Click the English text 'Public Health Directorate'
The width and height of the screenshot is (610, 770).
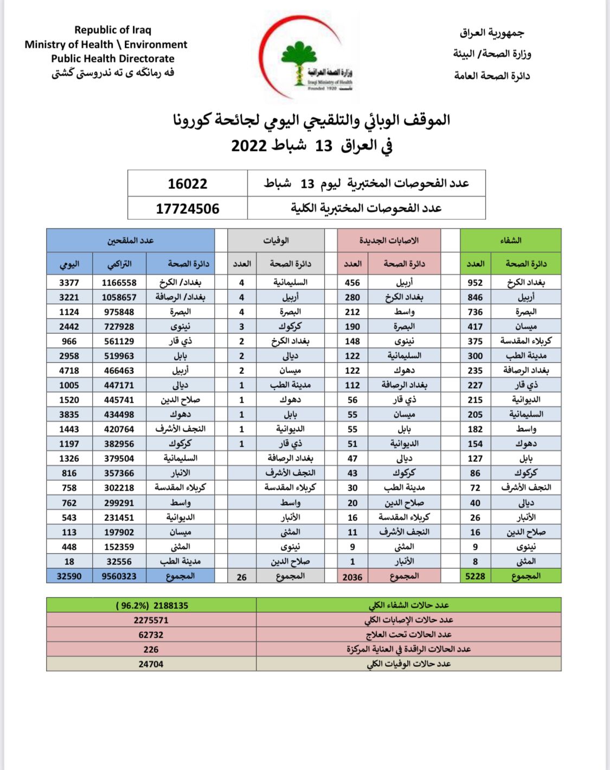pos(113,59)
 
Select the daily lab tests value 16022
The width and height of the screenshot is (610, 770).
pos(188,183)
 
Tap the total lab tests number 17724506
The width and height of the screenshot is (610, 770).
pos(188,208)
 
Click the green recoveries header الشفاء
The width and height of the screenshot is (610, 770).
pos(511,240)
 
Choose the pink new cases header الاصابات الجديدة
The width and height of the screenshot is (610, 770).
pos(389,240)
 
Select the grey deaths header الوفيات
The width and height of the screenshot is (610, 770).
pos(276,240)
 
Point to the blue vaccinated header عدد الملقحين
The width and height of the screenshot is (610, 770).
pos(130,240)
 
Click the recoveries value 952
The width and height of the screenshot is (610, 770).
pos(475,283)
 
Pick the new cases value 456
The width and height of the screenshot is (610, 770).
pos(352,283)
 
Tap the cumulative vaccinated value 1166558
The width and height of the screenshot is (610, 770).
pos(119,283)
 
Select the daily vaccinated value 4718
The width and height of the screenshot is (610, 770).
pos(69,371)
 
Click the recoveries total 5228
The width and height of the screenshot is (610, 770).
pos(475,576)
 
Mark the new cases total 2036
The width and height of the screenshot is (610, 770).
pos(352,577)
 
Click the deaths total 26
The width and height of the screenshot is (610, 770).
pos(242,577)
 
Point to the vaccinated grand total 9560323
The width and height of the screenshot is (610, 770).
pos(119,576)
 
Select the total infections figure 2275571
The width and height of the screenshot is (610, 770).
pos(151,620)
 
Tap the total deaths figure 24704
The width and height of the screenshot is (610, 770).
pos(151,664)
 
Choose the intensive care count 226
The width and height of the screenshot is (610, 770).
pos(151,649)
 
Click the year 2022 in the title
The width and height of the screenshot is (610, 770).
pos(249,146)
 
